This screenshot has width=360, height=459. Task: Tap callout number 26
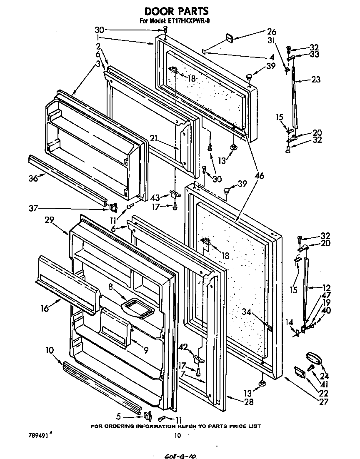tap(260, 31)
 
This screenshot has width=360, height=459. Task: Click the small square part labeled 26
tap(229, 38)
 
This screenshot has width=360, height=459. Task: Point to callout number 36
tap(33, 178)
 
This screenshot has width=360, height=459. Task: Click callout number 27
tap(323, 402)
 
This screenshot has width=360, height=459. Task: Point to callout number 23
tap(315, 80)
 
